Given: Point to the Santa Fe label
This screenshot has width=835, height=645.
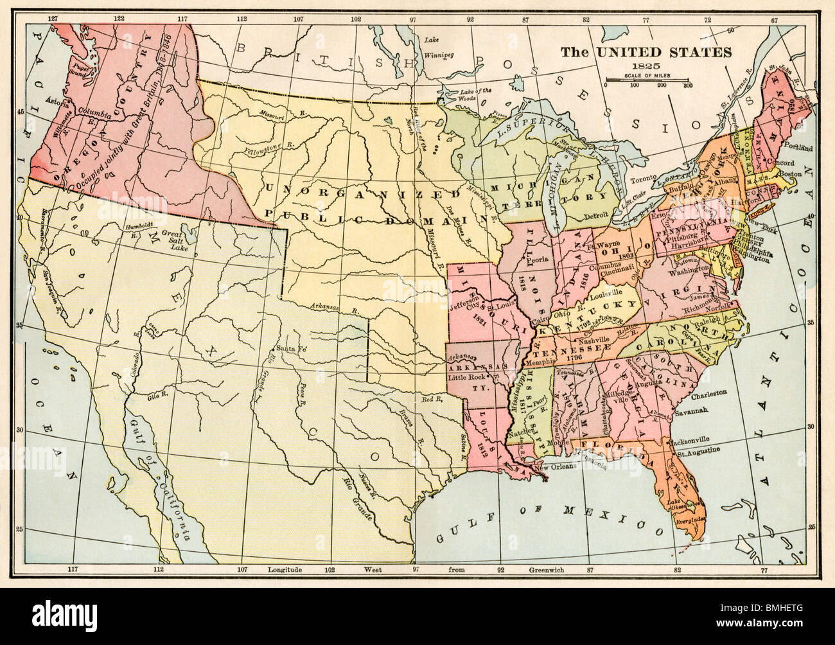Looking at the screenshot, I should click(290, 349).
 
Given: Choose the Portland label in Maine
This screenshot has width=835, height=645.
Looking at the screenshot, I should click(800, 148).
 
